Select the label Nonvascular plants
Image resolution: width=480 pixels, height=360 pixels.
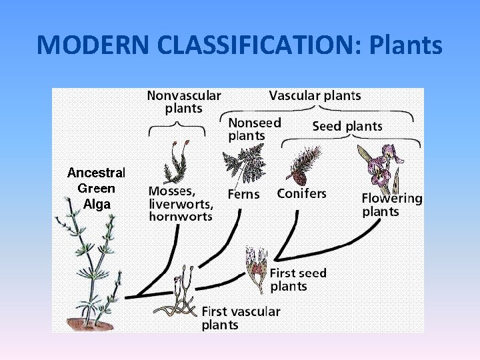(183, 101)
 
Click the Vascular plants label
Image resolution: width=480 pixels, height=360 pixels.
(315, 95)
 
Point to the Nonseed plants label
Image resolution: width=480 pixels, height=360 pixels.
(255, 129)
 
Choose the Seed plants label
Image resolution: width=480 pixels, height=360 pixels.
(347, 126)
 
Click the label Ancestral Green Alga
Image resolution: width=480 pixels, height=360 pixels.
(97, 189)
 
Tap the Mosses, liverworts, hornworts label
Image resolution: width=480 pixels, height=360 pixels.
(181, 203)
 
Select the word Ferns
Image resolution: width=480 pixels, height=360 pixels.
(243, 195)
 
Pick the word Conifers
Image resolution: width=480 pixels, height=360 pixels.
(301, 194)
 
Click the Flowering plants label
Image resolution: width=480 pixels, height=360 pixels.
(391, 205)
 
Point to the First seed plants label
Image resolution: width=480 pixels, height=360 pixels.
(297, 279)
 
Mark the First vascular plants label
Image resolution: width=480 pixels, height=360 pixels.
(241, 317)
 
